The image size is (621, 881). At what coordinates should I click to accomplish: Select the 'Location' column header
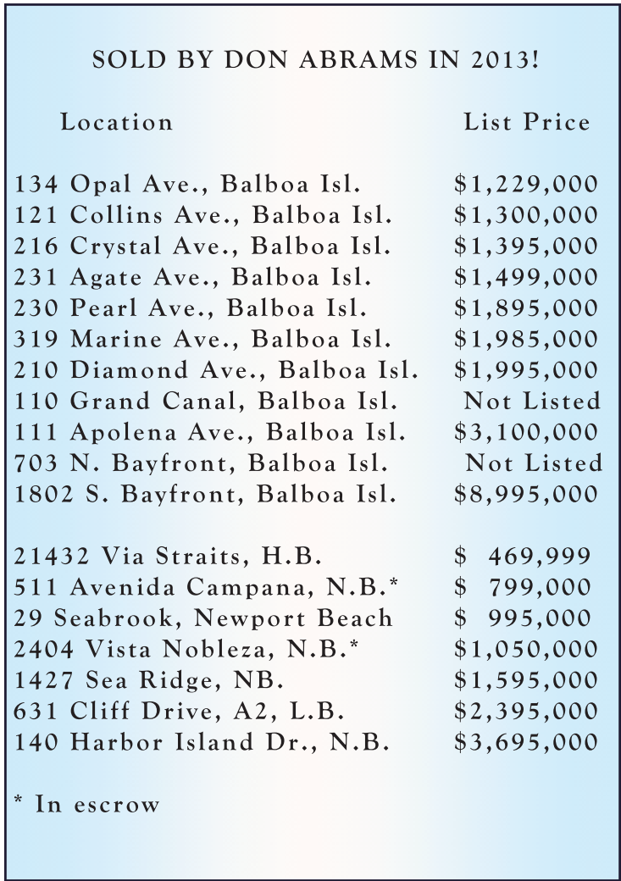(117, 122)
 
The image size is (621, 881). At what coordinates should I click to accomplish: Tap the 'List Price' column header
(526, 122)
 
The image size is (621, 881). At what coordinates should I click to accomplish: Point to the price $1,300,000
(526, 216)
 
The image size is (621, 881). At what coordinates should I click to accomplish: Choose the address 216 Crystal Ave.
(202, 247)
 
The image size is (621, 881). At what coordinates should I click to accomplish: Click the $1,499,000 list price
(526, 278)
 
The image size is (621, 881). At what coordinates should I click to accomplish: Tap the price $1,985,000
(526, 340)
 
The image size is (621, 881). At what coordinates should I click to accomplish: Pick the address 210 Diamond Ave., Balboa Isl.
(217, 370)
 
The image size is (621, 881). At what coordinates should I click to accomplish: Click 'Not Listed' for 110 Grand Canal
(532, 401)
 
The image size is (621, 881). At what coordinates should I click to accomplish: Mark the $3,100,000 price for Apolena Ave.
(526, 432)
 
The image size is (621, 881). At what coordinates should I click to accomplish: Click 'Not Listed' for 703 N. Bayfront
(534, 463)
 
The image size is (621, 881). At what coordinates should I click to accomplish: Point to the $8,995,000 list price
(526, 494)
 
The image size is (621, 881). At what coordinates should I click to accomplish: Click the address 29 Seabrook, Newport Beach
(203, 618)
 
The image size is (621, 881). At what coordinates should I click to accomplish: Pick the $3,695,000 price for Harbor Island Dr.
(526, 742)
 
